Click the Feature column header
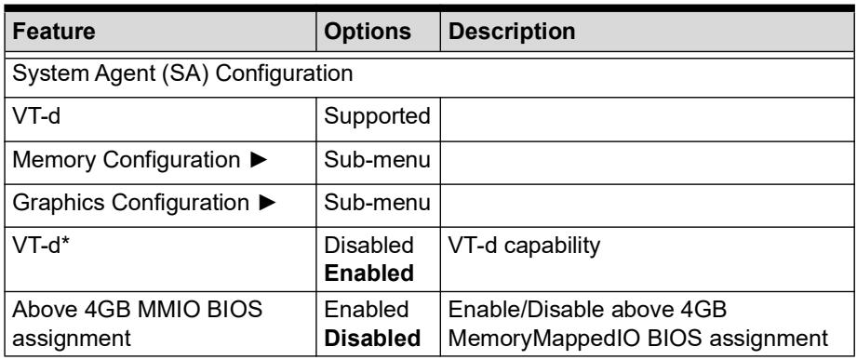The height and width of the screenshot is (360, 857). (54, 31)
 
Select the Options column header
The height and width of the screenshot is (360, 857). (368, 31)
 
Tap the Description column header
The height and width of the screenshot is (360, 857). (512, 31)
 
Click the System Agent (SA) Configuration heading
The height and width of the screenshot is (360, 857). (182, 73)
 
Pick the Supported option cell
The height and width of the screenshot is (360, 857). (377, 116)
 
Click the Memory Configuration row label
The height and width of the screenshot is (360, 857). (126, 159)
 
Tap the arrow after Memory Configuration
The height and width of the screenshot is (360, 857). (259, 160)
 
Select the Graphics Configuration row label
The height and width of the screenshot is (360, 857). (130, 203)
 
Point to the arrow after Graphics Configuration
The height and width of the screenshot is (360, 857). (267, 203)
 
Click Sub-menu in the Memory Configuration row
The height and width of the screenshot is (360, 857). (377, 160)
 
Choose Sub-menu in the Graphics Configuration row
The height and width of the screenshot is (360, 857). (377, 203)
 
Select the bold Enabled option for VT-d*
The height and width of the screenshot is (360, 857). (368, 273)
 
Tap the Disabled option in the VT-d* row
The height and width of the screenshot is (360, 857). (368, 246)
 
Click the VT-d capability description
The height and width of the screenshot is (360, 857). (524, 247)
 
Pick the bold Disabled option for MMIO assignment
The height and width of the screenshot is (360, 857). (372, 339)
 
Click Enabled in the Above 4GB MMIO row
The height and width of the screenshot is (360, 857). (367, 310)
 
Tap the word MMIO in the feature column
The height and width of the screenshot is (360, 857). (167, 310)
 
